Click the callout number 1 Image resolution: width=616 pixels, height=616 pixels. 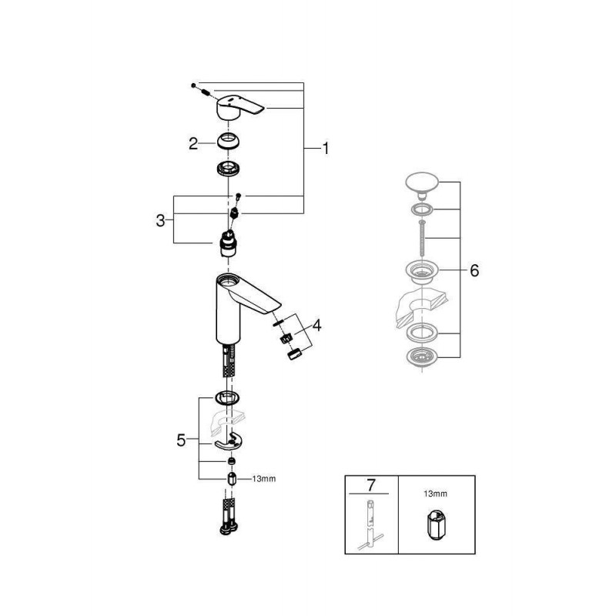tap(325, 149)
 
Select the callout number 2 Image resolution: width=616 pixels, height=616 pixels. tap(193, 144)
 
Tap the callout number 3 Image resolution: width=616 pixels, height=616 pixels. tap(160, 220)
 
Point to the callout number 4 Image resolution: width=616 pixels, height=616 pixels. tap(316, 325)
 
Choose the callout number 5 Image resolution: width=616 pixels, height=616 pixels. tap(181, 440)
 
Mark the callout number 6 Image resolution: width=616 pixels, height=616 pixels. tap(474, 270)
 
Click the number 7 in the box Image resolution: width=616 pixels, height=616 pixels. tap(371, 485)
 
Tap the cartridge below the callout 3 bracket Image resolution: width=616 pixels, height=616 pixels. tap(228, 244)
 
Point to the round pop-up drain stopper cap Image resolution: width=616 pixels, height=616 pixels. tap(421, 184)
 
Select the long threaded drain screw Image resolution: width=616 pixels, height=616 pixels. tap(422, 239)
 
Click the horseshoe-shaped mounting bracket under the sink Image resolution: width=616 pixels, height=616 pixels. tap(229, 441)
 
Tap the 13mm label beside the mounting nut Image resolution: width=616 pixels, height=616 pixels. tap(263, 479)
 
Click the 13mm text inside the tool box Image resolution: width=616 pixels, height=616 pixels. tap(435, 494)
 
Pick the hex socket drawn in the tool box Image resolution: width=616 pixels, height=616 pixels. tap(437, 525)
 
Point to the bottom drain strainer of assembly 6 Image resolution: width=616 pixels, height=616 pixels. tap(421, 357)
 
